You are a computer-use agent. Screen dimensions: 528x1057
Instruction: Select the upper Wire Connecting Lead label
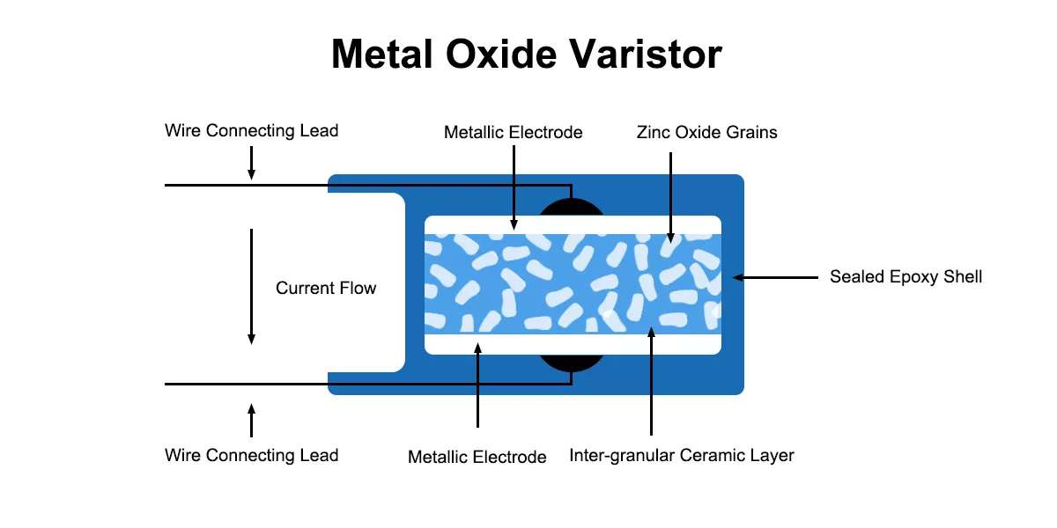click(251, 131)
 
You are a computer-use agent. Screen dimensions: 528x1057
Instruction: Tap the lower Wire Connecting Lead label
click(251, 456)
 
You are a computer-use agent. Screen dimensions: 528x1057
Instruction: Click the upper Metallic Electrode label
click(513, 133)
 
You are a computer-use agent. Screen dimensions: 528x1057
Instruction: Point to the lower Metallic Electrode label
click(477, 457)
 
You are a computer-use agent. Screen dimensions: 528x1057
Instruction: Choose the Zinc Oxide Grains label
click(706, 133)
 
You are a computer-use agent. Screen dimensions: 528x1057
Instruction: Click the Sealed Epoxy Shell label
click(905, 277)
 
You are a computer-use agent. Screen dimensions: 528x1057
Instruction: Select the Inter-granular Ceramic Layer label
click(682, 456)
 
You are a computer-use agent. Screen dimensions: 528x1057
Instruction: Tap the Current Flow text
click(326, 289)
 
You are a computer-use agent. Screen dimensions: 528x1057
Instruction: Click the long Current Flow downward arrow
click(251, 286)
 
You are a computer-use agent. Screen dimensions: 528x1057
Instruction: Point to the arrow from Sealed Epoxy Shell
click(775, 277)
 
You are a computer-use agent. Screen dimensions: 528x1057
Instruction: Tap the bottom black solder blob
click(572, 362)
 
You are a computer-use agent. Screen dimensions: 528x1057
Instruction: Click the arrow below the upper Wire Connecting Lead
click(251, 163)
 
